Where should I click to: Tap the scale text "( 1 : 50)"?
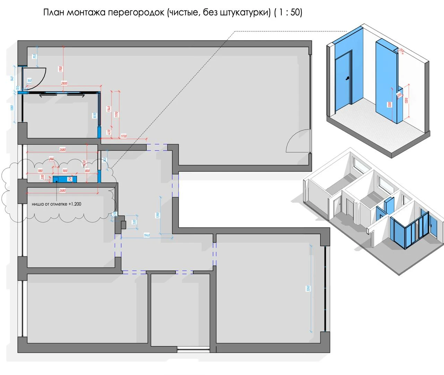[288, 12]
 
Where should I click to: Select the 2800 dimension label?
[64, 84]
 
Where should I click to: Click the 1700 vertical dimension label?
[61, 69]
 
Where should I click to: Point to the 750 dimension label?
[34, 56]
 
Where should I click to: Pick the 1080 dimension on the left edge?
[12, 108]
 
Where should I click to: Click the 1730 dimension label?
[123, 137]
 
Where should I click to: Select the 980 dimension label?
[40, 171]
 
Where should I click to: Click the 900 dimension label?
[65, 171]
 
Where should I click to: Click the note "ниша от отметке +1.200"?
[57, 204]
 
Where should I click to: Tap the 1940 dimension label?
[147, 235]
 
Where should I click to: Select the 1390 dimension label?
[158, 216]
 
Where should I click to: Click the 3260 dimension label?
[308, 288]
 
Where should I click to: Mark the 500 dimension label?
[134, 222]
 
